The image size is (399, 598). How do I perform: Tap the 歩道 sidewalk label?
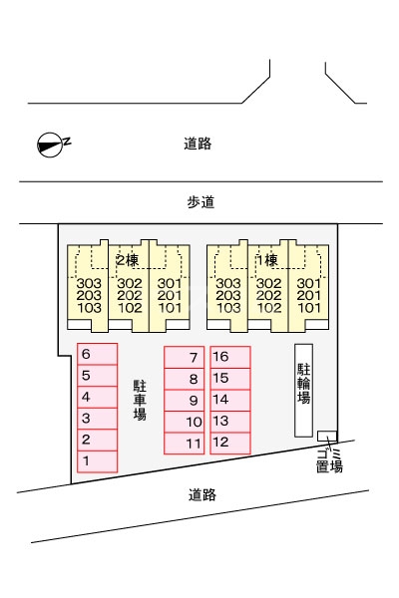click(200, 202)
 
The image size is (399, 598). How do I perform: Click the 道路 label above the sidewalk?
click(198, 144)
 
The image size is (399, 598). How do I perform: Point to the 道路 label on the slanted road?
click(201, 494)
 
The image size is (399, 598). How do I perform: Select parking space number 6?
click(98, 354)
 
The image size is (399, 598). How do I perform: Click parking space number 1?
click(98, 461)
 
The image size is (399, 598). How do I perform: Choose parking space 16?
click(230, 357)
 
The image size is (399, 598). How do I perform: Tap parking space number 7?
click(184, 358)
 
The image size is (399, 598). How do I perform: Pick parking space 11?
click(184, 444)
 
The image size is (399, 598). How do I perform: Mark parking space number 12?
click(230, 444)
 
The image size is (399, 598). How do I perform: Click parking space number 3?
click(98, 419)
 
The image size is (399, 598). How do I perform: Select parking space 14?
click(230, 400)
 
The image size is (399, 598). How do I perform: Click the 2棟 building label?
click(128, 260)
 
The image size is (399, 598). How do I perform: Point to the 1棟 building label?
click(267, 260)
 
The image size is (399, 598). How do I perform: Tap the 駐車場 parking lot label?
click(140, 400)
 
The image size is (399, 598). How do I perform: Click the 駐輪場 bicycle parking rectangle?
click(303, 390)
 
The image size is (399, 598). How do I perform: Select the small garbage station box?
click(327, 436)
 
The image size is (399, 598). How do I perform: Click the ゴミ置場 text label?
click(329, 460)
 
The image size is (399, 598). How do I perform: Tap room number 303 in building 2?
click(89, 283)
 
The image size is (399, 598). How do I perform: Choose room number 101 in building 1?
click(309, 307)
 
